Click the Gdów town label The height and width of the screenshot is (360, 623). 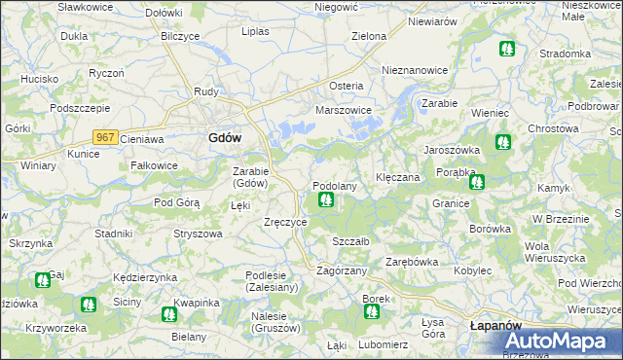(225, 138)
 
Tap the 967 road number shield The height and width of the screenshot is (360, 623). (106, 138)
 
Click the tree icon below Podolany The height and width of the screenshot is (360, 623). (325, 200)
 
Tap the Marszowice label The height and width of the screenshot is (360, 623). (344, 111)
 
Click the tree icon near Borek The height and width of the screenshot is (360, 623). (371, 311)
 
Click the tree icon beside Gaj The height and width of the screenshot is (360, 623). (42, 280)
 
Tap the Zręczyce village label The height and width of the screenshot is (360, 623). (286, 222)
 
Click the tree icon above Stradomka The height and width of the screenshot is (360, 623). (505, 48)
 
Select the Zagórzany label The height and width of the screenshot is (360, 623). (342, 270)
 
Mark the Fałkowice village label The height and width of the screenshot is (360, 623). (154, 165)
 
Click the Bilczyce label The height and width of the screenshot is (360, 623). (180, 36)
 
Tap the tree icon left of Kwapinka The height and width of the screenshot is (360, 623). (168, 314)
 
